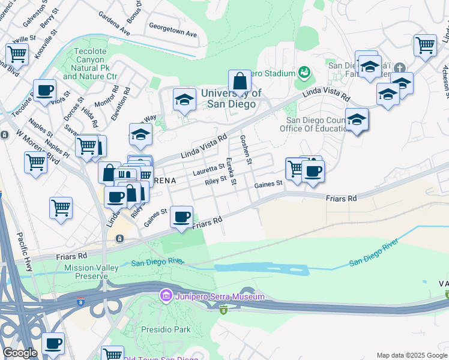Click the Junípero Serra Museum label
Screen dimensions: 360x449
point(219,296)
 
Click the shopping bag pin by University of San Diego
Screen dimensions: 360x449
point(240,82)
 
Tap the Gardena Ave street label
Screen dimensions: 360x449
point(114,22)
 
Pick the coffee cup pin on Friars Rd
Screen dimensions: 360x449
point(181,217)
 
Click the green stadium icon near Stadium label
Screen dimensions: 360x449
point(305,73)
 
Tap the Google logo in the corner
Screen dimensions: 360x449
point(20,353)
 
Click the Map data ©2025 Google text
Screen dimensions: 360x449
point(411,355)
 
